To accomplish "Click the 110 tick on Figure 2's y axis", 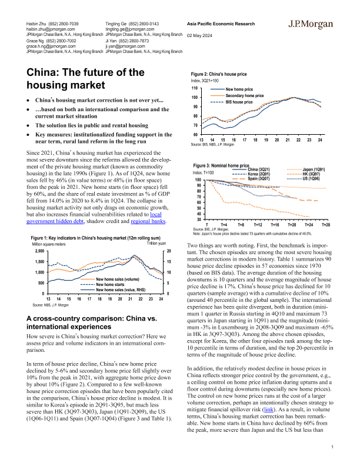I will [195, 87].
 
